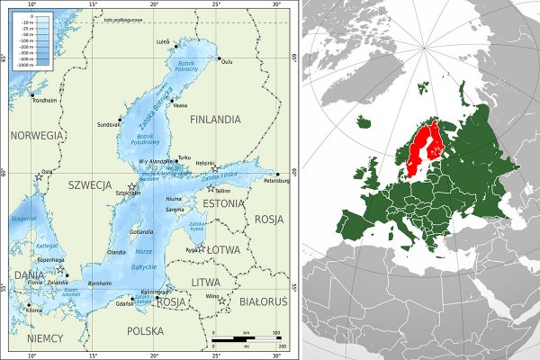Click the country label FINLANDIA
(x=213, y=118)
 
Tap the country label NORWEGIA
(x=36, y=135)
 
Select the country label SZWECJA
(x=89, y=184)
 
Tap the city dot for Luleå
(x=176, y=45)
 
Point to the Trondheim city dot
(x=33, y=94)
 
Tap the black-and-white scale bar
(x=247, y=340)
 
